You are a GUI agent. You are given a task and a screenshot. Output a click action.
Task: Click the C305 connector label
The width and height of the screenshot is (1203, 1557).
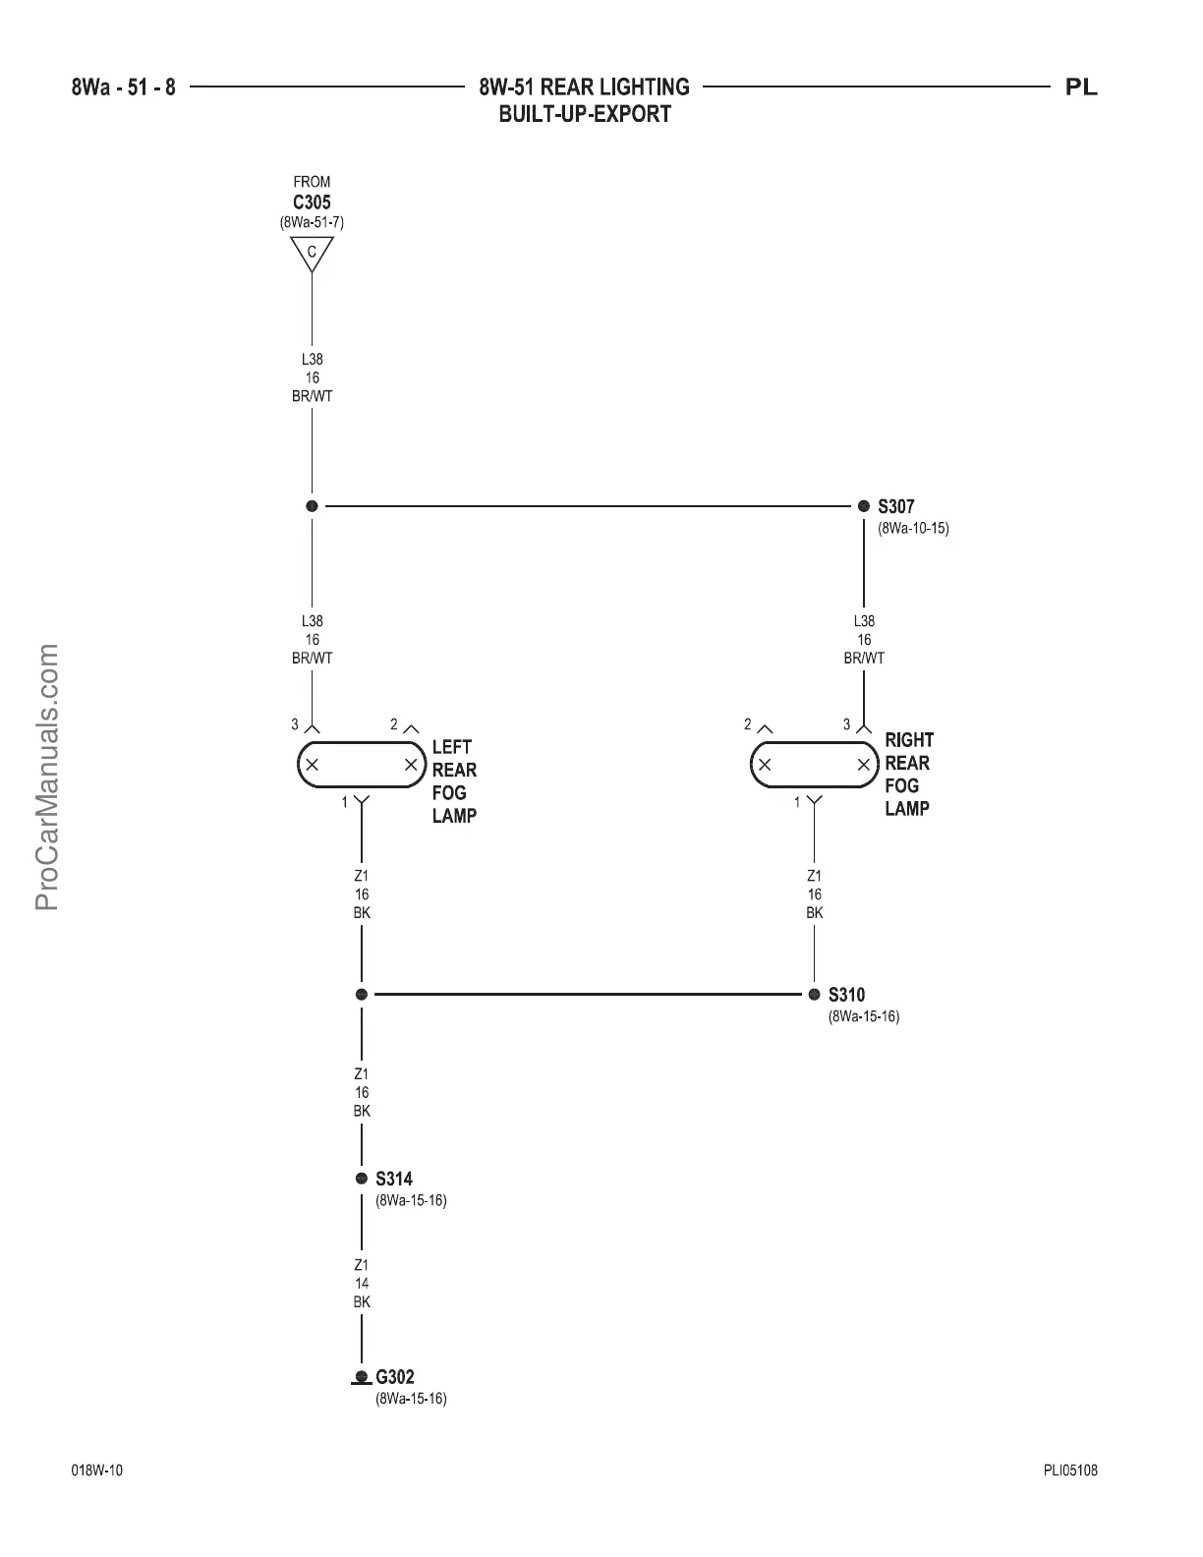point(312,202)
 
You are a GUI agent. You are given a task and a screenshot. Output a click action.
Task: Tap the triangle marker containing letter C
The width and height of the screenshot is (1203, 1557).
point(312,253)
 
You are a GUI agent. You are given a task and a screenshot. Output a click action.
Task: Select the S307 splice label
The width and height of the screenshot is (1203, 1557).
point(895,507)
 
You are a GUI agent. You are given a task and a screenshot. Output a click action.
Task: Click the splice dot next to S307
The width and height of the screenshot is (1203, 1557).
point(864,506)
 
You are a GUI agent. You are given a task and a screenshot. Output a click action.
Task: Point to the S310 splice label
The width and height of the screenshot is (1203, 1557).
point(846,995)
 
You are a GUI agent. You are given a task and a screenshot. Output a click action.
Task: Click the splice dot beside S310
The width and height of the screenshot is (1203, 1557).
point(814,995)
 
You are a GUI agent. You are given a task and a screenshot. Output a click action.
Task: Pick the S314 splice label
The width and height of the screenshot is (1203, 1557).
point(394,1179)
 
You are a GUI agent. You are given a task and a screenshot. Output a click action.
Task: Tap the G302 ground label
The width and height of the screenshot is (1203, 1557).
point(395,1377)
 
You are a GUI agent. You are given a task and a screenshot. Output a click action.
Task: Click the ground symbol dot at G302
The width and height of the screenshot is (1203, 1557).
point(362,1377)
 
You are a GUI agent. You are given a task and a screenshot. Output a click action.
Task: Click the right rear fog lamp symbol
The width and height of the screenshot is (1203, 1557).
point(814,765)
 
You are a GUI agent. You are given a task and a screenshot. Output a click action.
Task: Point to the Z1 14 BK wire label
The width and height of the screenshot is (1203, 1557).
point(362,1283)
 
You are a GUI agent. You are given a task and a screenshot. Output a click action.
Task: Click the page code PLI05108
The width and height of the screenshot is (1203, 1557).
point(1070,1471)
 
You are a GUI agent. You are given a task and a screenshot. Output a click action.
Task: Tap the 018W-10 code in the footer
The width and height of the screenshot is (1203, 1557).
point(97,1471)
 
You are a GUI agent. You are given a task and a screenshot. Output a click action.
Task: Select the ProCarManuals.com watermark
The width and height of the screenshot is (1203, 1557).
point(47,777)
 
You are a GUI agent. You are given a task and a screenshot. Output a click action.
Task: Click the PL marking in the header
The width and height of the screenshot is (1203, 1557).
point(1081,87)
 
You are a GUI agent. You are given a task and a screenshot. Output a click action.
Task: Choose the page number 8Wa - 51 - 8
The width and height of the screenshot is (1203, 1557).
point(124,87)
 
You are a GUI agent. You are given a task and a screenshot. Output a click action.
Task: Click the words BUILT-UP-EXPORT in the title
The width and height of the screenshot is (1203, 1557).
point(585,114)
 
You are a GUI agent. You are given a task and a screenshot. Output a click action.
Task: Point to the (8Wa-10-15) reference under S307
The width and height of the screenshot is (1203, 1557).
point(913,529)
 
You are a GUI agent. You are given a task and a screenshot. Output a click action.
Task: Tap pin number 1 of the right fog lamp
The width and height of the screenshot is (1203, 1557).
point(797,803)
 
